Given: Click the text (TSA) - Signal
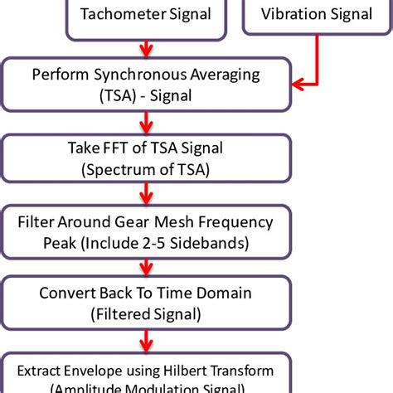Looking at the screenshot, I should (145, 95).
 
